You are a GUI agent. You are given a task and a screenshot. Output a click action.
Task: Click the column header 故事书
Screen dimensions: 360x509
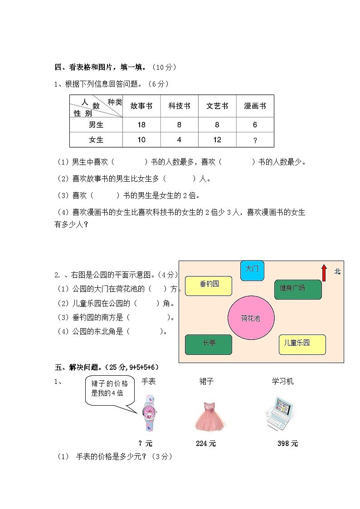pyautogui.click(x=141, y=106)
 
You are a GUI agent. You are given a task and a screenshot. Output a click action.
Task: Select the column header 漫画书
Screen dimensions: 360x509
pyautogui.click(x=255, y=106)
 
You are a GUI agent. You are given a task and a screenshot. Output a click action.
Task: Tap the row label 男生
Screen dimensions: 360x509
pyautogui.click(x=96, y=125)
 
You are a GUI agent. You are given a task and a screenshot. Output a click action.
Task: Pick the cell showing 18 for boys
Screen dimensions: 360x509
pyautogui.click(x=141, y=125)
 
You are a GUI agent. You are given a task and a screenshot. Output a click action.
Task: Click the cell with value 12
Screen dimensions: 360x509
pyautogui.click(x=217, y=140)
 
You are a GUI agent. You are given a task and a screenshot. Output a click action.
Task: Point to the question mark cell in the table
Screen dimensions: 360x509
pyautogui.click(x=255, y=141)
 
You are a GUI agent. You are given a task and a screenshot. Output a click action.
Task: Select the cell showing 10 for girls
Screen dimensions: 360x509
pyautogui.click(x=141, y=140)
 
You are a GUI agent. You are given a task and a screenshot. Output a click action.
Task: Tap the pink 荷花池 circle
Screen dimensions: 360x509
pyautogui.click(x=251, y=318)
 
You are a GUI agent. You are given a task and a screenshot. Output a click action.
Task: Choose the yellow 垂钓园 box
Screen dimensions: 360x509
pyautogui.click(x=209, y=286)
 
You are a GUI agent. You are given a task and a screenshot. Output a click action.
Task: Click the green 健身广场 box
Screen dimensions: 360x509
pyautogui.click(x=298, y=289)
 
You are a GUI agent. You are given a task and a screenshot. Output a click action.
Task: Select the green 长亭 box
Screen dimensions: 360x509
pyautogui.click(x=209, y=344)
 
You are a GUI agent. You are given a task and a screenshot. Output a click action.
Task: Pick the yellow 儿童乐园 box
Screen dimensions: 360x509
pyautogui.click(x=302, y=344)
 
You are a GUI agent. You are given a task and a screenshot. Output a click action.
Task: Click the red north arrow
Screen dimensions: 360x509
pyautogui.click(x=324, y=273)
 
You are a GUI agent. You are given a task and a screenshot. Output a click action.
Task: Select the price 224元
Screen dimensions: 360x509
pyautogui.click(x=206, y=444)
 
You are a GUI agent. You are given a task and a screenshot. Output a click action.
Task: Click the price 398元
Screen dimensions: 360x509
pyautogui.click(x=287, y=444)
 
